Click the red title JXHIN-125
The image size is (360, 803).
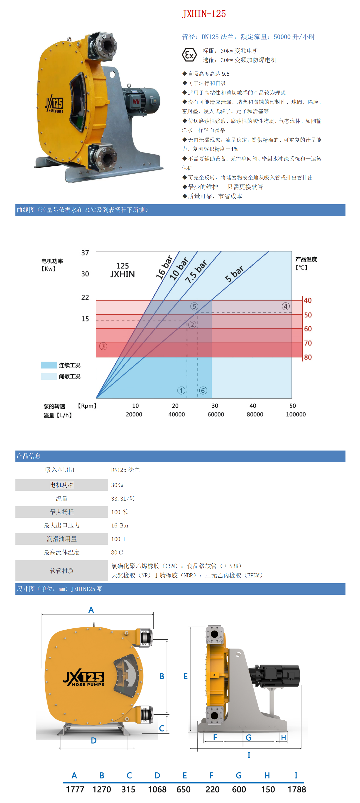[x=204, y=14]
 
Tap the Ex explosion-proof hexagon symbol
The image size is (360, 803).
[x=189, y=55]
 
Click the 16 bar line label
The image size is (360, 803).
[x=164, y=267]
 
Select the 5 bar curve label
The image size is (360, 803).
[x=234, y=274]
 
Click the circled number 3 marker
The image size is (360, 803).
[x=103, y=346]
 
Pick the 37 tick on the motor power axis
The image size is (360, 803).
[x=85, y=253]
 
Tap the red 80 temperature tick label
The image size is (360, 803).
[x=308, y=357]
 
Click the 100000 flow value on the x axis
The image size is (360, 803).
[x=296, y=414]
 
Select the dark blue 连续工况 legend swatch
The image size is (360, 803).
[x=49, y=365]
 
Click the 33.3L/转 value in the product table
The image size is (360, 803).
[x=123, y=498]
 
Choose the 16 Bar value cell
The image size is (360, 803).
[x=120, y=526]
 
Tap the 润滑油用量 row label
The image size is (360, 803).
[x=62, y=539]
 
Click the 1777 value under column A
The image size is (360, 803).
[x=75, y=789]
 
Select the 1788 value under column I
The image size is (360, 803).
[x=296, y=789]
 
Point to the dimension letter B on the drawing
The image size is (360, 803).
[x=162, y=676]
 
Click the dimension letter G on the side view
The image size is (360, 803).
[x=248, y=738]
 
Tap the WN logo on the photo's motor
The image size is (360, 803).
[x=136, y=102]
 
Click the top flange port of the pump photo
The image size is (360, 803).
[x=106, y=46]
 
